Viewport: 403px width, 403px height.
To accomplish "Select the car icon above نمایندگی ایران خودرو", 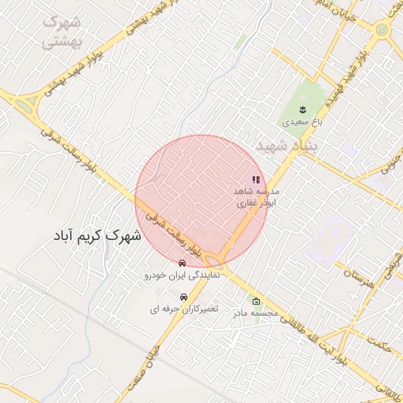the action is point(183,263).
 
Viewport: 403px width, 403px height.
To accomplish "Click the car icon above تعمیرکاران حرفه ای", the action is point(183,297).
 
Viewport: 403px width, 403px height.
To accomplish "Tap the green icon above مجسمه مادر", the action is point(255,301).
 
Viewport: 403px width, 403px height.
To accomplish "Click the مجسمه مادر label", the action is point(255,313).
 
